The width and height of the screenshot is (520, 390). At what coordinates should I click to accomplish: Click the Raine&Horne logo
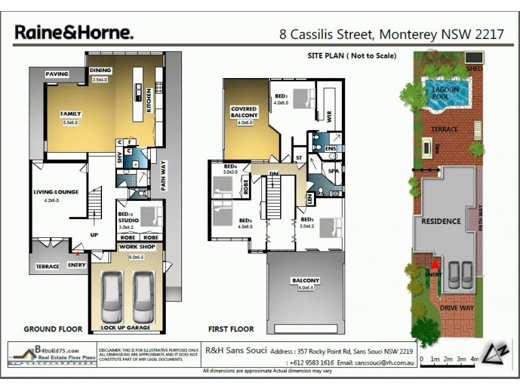[74, 32]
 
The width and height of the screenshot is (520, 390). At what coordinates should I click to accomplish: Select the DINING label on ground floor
[100, 71]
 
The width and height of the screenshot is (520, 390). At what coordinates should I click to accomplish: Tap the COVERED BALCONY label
[244, 112]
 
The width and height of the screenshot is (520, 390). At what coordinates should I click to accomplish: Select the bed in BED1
[301, 99]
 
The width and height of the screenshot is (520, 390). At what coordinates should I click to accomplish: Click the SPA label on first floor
[333, 170]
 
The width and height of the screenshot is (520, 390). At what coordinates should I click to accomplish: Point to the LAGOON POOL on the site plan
[445, 92]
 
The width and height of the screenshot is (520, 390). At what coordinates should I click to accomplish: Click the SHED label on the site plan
[476, 68]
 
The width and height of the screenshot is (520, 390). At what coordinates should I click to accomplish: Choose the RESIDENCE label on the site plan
[441, 221]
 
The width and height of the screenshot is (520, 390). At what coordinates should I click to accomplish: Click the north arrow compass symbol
[497, 350]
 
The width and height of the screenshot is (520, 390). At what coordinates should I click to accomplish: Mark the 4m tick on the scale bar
[474, 359]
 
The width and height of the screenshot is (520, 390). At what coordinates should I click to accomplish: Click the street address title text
[391, 34]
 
